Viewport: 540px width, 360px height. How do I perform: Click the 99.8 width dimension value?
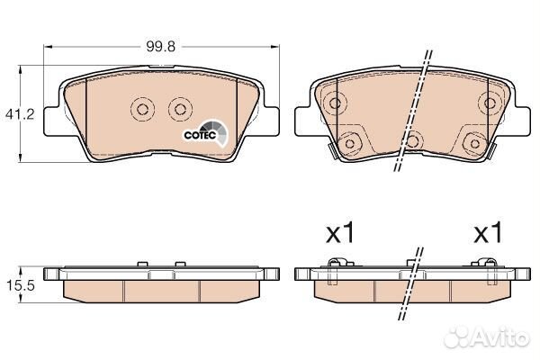[x=160, y=46]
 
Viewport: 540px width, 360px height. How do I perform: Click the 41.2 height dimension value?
[x=20, y=113]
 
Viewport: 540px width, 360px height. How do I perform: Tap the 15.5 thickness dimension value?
[x=21, y=285]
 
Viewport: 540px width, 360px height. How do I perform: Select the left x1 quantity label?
[x=340, y=233]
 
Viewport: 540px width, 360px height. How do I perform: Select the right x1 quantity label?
[x=489, y=233]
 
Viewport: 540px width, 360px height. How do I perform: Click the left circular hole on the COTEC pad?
[x=142, y=110]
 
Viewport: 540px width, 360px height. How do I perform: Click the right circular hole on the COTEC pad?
[x=180, y=110]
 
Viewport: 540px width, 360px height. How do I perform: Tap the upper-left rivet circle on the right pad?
[x=335, y=103]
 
